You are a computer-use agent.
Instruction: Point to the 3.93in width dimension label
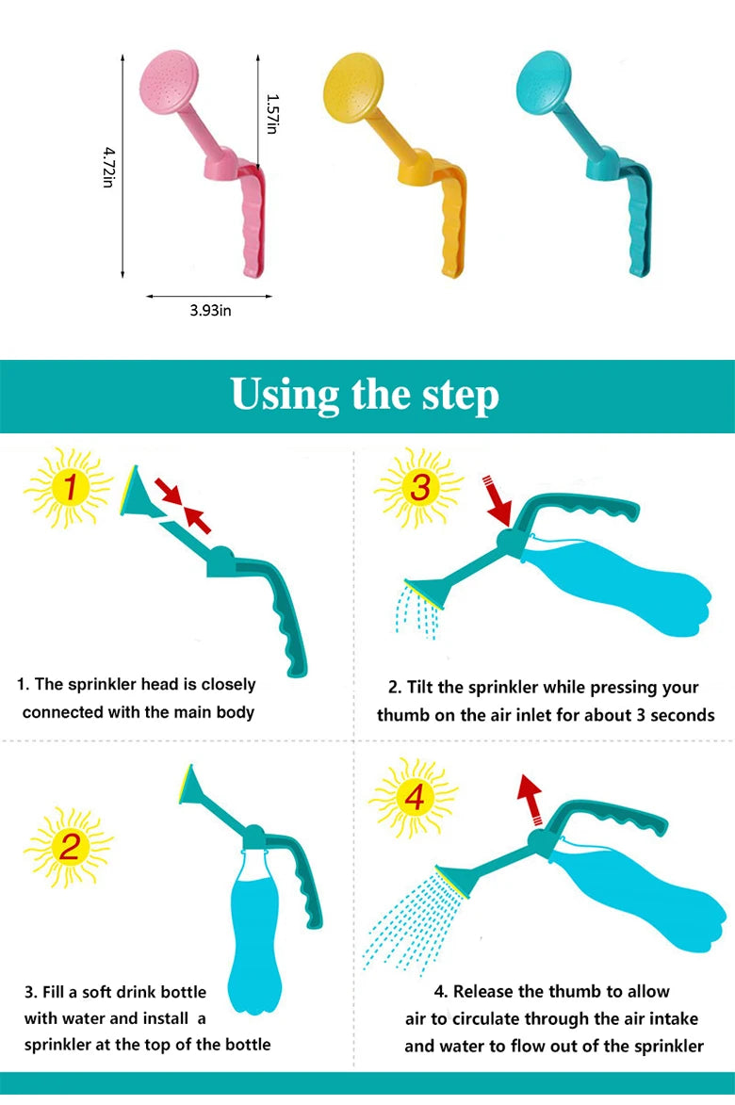point(210,311)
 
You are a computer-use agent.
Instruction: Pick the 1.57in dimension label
point(272,113)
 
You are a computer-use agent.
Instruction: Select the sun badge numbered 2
point(68,846)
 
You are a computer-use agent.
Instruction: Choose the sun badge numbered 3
point(418,487)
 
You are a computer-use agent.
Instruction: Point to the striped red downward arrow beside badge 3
point(496,500)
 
